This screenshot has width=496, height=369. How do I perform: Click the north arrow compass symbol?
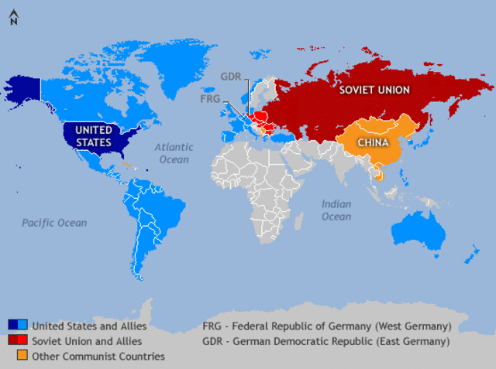(13, 18)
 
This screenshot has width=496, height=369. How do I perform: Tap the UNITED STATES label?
(94, 135)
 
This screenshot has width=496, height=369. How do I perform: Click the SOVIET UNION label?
(374, 90)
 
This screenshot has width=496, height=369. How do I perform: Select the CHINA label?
(373, 142)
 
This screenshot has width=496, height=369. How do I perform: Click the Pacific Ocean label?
(54, 223)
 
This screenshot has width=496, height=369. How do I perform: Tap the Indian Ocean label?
(336, 210)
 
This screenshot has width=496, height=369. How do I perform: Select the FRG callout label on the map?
(211, 98)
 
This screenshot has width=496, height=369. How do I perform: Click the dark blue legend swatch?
(13, 325)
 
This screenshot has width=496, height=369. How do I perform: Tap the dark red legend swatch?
(13, 340)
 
